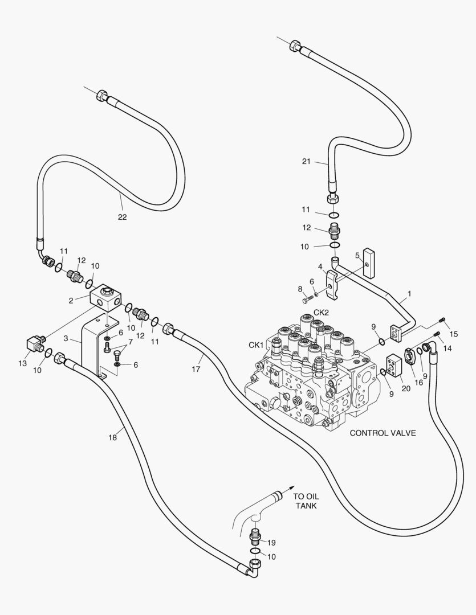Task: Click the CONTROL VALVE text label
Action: [383, 433]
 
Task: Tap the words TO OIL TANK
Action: [306, 501]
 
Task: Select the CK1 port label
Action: [256, 345]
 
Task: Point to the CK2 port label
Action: [321, 312]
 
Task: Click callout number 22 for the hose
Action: [122, 217]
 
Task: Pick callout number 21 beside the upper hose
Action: [307, 162]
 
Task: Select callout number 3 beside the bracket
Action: [66, 339]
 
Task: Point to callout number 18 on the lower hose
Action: [112, 437]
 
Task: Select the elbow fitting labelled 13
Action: [35, 343]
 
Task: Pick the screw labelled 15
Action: [442, 320]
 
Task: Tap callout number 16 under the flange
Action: [420, 382]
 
